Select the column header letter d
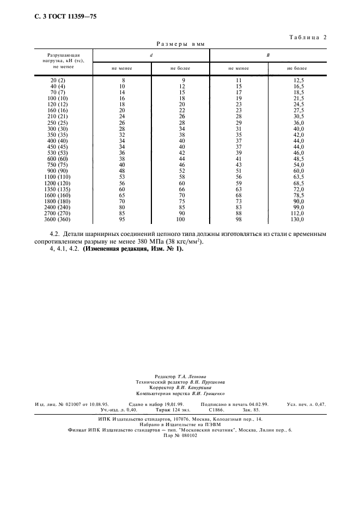coord(151,56)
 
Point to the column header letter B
coord(268,56)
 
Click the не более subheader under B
coord(297,69)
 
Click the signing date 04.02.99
coord(256,404)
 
